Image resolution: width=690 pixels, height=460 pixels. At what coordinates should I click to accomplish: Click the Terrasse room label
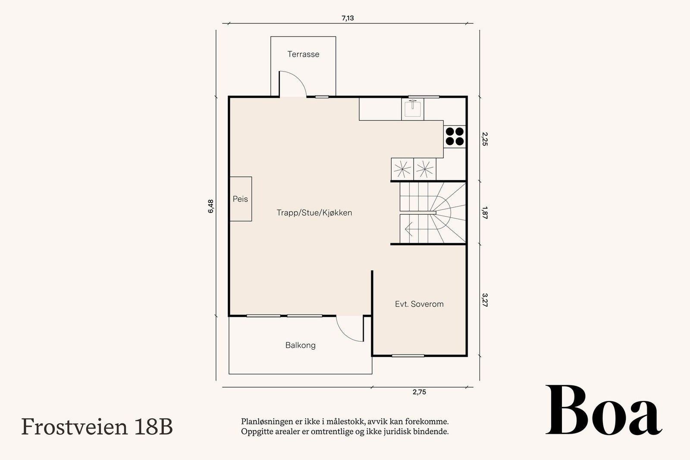pyautogui.click(x=303, y=54)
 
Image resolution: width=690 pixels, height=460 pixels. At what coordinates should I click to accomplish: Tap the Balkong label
pyautogui.click(x=300, y=345)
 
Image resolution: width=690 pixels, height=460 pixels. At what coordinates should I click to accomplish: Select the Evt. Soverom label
pyautogui.click(x=419, y=304)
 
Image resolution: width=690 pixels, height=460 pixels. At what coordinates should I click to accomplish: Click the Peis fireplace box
pyautogui.click(x=240, y=199)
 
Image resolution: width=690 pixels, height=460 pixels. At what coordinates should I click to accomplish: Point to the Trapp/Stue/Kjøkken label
pyautogui.click(x=314, y=213)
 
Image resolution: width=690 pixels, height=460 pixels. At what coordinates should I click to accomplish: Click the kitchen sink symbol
pyautogui.click(x=413, y=109)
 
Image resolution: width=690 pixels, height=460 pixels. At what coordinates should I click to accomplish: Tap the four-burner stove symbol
pyautogui.click(x=455, y=136)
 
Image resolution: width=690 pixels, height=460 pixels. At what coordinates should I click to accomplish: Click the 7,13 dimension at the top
pyautogui.click(x=348, y=18)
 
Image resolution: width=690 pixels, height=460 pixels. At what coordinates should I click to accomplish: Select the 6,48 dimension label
pyautogui.click(x=210, y=206)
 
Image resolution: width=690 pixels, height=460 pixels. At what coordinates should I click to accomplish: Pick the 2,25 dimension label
pyautogui.click(x=485, y=139)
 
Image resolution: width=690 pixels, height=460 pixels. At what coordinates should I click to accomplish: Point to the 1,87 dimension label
pyautogui.click(x=485, y=213)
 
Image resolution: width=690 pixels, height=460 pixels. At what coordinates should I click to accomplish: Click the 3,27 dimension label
pyautogui.click(x=485, y=300)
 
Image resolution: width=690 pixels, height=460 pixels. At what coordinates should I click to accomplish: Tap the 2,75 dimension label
pyautogui.click(x=419, y=392)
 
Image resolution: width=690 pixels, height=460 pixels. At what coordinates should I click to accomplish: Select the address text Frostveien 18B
pyautogui.click(x=97, y=427)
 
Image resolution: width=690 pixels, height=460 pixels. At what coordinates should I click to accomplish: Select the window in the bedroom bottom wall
pyautogui.click(x=408, y=356)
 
